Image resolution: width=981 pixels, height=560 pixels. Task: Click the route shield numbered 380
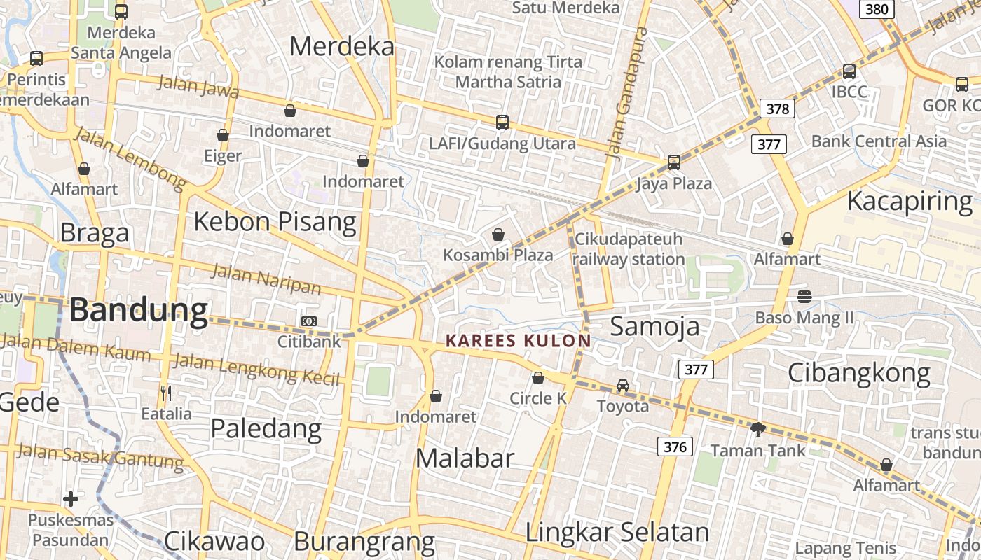point(877,9)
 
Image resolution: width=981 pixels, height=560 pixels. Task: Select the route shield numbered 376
point(675,447)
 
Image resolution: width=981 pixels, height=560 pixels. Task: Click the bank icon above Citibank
point(308,321)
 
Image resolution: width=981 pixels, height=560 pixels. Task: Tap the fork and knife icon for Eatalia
point(166,393)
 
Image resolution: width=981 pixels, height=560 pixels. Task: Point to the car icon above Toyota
point(623,385)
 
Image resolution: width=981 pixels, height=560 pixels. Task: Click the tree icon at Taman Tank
point(757,429)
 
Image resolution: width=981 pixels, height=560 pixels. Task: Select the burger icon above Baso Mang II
point(804,297)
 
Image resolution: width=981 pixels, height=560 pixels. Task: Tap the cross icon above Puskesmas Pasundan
point(71,499)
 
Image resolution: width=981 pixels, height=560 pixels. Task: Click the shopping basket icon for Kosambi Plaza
point(498,234)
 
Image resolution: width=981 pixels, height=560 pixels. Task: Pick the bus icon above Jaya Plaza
point(673,162)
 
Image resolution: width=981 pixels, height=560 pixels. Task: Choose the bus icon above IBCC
point(849,71)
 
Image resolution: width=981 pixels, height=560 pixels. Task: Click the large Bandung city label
point(139,309)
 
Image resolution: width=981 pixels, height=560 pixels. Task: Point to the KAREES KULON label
point(519,341)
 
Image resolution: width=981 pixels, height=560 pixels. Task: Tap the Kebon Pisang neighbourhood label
point(275,222)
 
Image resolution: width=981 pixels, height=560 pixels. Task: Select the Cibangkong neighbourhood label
point(859,373)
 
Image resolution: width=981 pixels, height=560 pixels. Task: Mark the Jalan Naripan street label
point(266,279)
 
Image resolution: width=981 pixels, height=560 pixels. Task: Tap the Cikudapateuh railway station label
point(629,249)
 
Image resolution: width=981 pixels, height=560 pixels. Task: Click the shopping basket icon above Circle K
point(538,378)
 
